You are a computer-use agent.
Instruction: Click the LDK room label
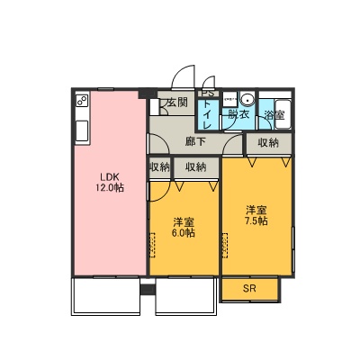point(110,176)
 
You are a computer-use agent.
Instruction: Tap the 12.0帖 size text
point(110,188)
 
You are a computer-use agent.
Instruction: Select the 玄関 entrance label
point(177,103)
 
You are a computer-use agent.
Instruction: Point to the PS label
point(208,94)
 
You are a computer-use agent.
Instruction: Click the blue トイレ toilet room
point(208,114)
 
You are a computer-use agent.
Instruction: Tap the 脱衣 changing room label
point(239,114)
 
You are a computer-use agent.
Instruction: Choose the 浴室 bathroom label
point(274,115)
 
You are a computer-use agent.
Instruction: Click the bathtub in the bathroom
point(283,114)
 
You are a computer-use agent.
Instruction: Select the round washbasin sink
point(247,98)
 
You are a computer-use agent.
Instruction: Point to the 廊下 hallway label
point(195,142)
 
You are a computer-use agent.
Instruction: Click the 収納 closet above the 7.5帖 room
point(269,143)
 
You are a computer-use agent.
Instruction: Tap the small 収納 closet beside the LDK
point(160,167)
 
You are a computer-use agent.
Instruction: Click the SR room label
point(249,289)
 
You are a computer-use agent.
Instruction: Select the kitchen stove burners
point(82,101)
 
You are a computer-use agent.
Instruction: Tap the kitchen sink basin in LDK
point(82,130)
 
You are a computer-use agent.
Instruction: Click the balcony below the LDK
point(106,296)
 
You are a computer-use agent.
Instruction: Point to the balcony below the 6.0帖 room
point(186,296)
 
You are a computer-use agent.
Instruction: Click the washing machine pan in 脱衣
point(230,99)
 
